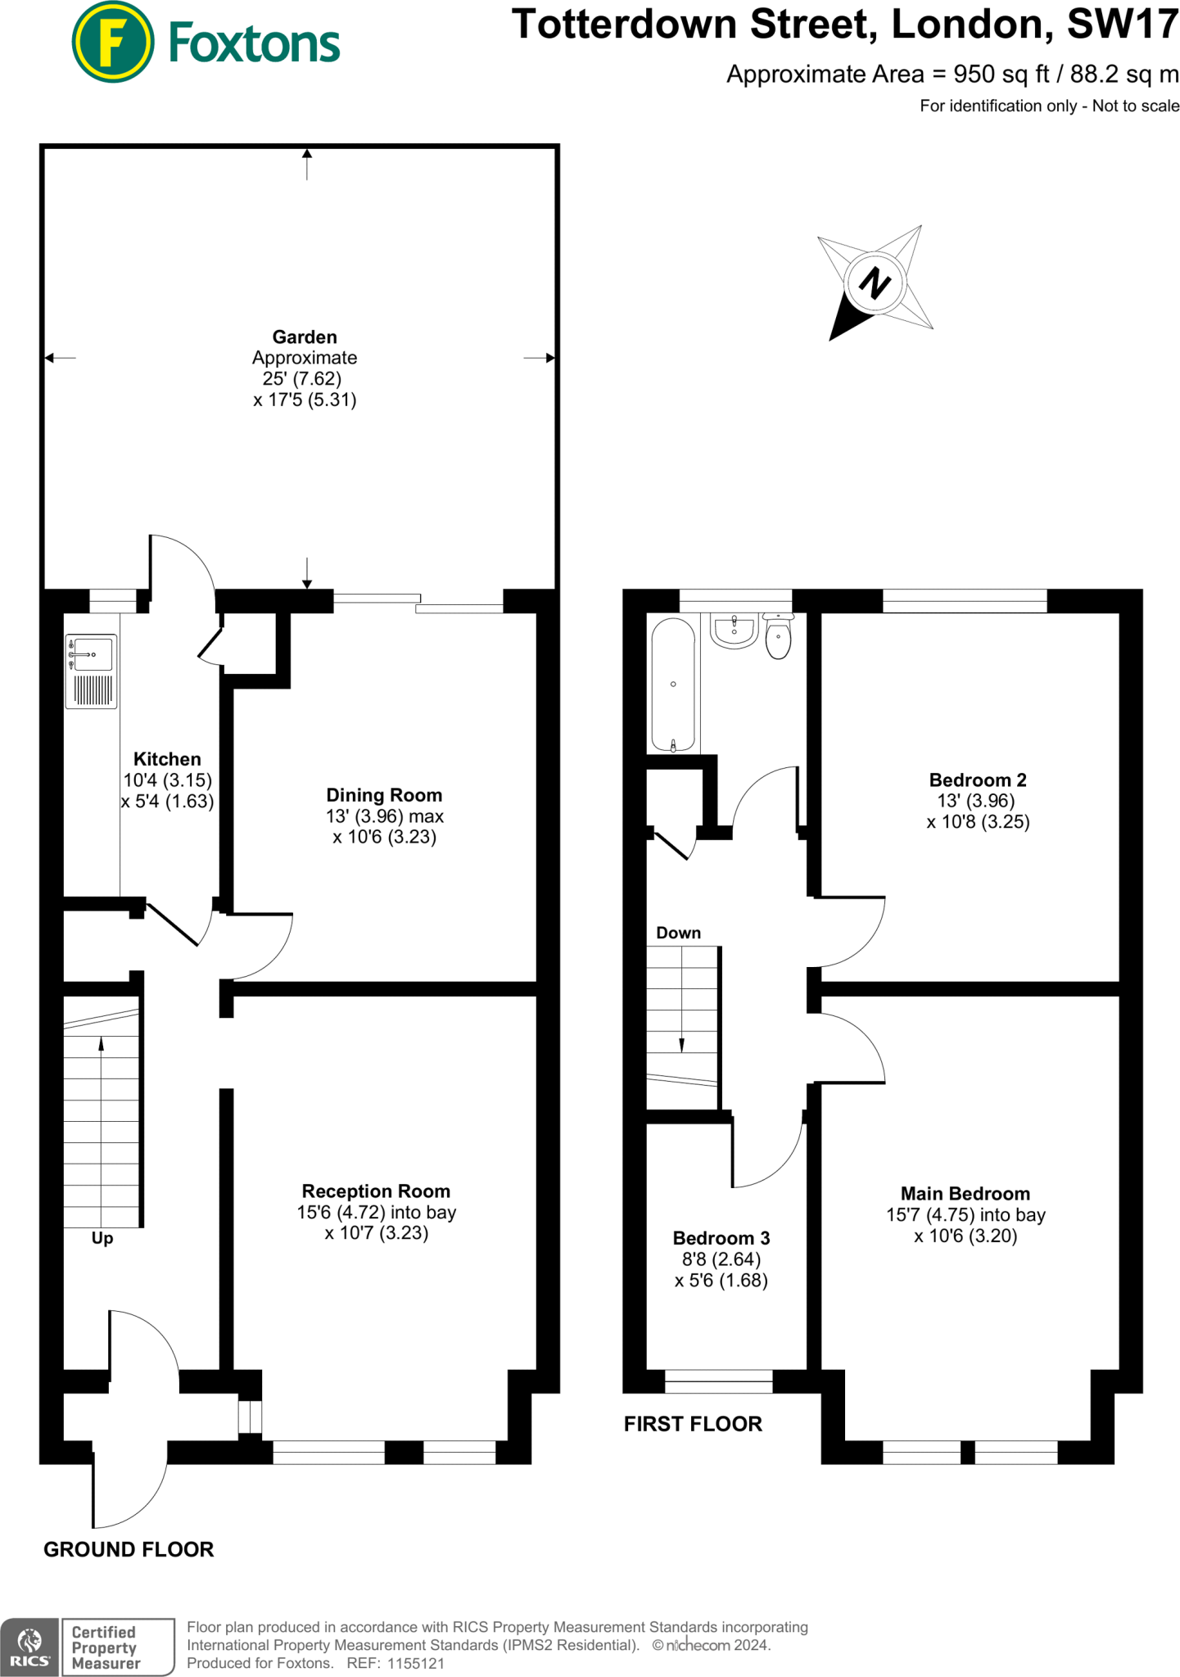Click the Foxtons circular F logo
tap(113, 43)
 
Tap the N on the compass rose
tap(875, 283)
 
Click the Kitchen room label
tap(167, 759)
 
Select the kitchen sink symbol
tap(91, 672)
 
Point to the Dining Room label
tap(384, 795)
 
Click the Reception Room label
tap(376, 1191)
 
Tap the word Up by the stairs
tap(102, 1238)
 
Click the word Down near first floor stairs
tap(678, 933)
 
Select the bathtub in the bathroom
tap(673, 685)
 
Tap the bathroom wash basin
tap(735, 631)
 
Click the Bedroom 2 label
tap(978, 780)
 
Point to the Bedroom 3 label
tap(721, 1238)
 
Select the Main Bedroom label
tap(965, 1194)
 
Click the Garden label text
tap(305, 337)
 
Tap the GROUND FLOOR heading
tap(129, 1549)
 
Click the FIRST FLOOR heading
tap(693, 1424)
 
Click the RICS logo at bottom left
tap(29, 1647)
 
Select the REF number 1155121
tap(415, 1663)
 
